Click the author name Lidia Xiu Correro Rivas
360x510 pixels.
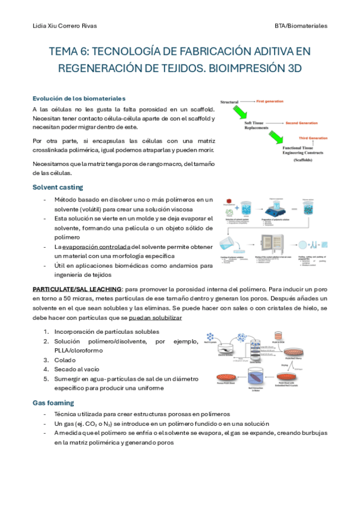(x=64, y=26)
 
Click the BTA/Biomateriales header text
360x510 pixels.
(x=299, y=26)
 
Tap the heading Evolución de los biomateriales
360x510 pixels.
(x=79, y=98)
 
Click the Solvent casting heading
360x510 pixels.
(x=58, y=187)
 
